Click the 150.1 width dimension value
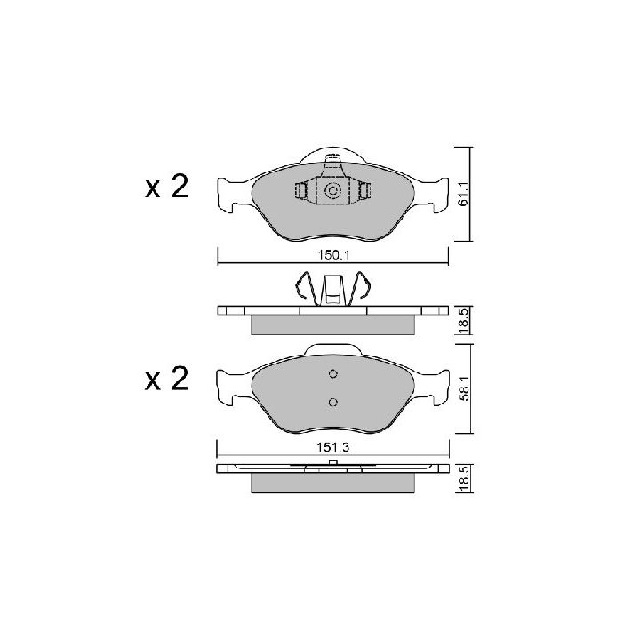point(334,255)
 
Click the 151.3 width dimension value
point(333,447)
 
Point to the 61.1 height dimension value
point(463,195)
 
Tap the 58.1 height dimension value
point(464,389)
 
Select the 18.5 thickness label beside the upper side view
point(464,321)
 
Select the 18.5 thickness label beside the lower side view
point(464,478)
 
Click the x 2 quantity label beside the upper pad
point(166,187)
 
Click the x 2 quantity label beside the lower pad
point(166,379)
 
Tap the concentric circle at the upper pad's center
point(333,190)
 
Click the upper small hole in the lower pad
point(333,373)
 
